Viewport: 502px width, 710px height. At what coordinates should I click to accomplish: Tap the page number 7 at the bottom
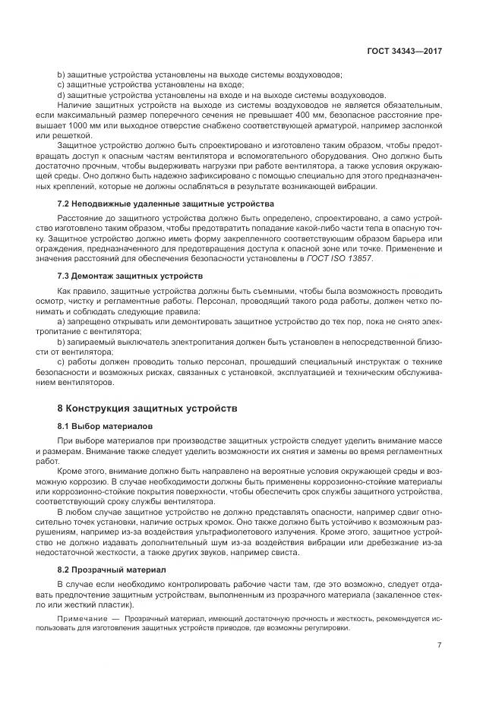coord(439,645)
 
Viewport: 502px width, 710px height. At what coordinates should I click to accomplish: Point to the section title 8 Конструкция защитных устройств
coord(147,408)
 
